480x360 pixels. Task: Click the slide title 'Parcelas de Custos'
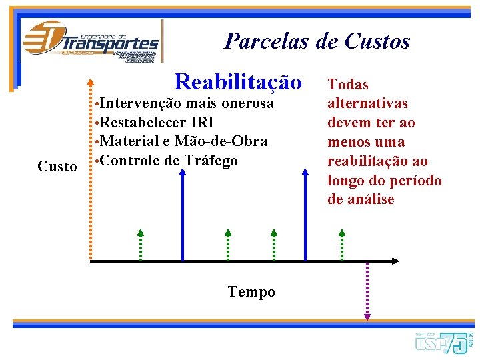pos(317,41)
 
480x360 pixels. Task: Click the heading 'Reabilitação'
pos(237,82)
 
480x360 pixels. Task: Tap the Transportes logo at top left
pos(91,41)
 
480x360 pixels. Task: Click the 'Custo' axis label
pos(57,167)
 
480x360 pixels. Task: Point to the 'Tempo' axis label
pos(251,292)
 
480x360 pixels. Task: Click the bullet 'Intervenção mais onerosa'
pos(187,104)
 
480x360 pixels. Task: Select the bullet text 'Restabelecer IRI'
pos(157,123)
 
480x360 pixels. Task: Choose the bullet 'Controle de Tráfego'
pos(169,161)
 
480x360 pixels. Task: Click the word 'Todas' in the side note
pos(348,85)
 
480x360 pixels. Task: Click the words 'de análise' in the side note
pos(361,199)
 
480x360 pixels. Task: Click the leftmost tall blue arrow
pos(183,213)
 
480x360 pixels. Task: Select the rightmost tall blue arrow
pos(305,213)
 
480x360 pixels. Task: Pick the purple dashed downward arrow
pos(366,290)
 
